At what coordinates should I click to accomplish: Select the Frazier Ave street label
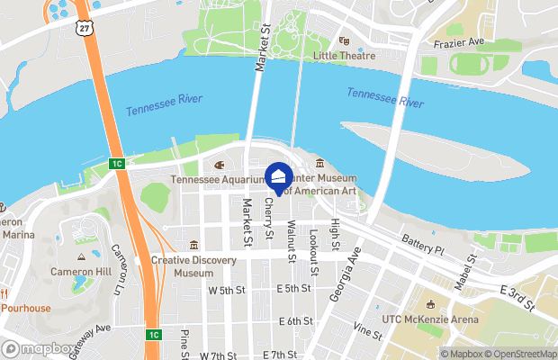point(458,42)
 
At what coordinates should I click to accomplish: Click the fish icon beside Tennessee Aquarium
point(219,165)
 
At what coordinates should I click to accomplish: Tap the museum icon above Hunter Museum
point(320,163)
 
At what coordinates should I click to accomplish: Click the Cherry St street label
point(269,220)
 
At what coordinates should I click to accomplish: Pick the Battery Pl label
point(423,244)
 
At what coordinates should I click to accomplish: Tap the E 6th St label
point(295,321)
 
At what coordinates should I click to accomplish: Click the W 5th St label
point(227,291)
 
